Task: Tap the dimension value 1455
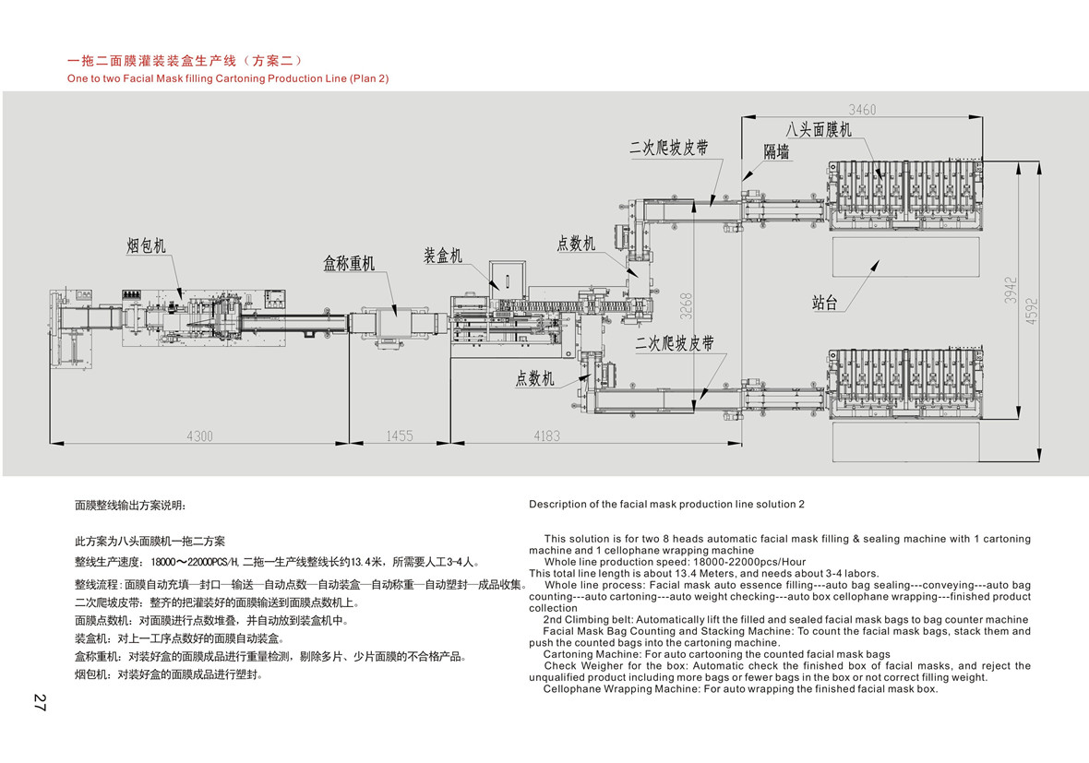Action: point(400,435)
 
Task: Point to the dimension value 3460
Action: point(862,109)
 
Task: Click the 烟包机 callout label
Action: point(146,245)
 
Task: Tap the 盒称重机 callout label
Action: point(349,264)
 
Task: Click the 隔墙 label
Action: point(776,153)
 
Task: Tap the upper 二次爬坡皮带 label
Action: point(669,148)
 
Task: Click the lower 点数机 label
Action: point(535,378)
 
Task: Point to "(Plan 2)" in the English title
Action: point(369,78)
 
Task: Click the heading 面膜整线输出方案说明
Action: point(130,506)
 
